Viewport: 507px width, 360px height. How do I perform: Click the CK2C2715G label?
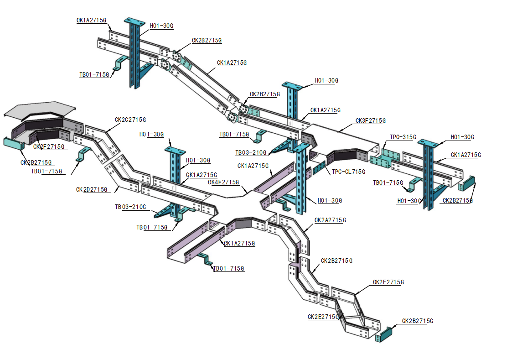tap(130, 120)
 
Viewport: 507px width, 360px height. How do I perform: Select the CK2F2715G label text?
tap(49, 147)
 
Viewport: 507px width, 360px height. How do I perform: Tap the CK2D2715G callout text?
tap(92, 189)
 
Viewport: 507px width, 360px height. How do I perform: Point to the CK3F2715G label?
tap(371, 121)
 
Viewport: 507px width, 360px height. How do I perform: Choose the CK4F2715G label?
tap(223, 183)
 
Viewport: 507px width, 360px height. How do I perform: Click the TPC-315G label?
tap(403, 137)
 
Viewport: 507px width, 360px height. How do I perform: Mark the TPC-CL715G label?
tap(349, 172)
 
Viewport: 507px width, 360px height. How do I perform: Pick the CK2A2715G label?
tap(330, 220)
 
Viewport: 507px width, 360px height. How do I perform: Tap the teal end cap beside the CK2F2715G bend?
tap(14, 143)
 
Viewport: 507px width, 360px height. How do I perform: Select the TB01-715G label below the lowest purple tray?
tap(229, 269)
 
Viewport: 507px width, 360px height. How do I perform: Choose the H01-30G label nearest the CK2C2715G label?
tap(151, 134)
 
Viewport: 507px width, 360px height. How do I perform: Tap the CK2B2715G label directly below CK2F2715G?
tap(36, 162)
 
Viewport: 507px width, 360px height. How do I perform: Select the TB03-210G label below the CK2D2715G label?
tap(130, 207)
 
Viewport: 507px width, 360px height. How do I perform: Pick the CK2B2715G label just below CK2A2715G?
tap(336, 261)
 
